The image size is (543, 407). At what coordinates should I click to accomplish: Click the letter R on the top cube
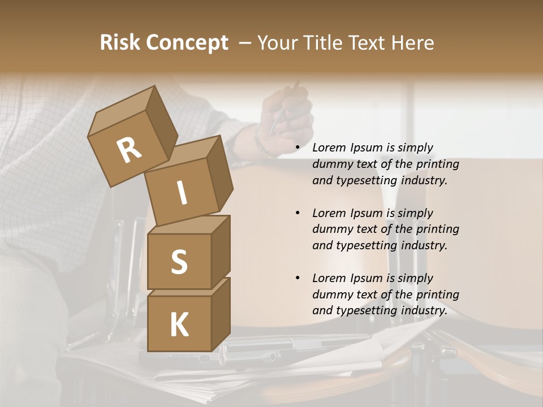click(129, 150)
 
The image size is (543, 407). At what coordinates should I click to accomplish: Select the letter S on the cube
click(179, 262)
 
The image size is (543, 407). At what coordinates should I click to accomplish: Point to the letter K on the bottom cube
click(179, 325)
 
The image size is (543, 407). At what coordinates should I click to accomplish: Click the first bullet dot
click(297, 148)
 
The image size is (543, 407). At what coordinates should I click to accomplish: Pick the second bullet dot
click(297, 214)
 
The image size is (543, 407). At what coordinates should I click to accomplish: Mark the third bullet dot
click(297, 279)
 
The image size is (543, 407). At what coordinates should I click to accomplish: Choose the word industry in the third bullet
click(424, 310)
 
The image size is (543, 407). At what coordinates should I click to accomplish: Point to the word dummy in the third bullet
click(330, 295)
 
